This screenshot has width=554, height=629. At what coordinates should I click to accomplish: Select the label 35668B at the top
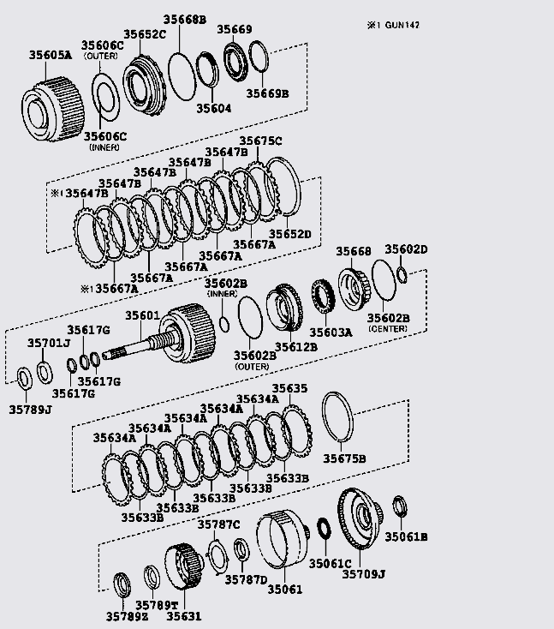180,19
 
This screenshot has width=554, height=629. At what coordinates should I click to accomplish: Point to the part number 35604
214,109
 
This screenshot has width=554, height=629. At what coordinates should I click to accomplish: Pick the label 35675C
260,141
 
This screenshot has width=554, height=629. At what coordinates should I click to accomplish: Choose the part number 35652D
290,233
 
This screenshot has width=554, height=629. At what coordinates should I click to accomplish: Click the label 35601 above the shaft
143,315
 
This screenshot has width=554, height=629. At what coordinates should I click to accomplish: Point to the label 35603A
331,332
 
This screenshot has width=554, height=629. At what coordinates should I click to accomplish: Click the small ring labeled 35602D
402,273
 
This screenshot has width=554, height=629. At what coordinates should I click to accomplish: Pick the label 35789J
31,409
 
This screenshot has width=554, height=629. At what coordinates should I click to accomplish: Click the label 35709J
364,575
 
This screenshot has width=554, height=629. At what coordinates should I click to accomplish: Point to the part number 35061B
406,537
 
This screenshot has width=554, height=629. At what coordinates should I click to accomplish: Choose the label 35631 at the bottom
183,615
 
